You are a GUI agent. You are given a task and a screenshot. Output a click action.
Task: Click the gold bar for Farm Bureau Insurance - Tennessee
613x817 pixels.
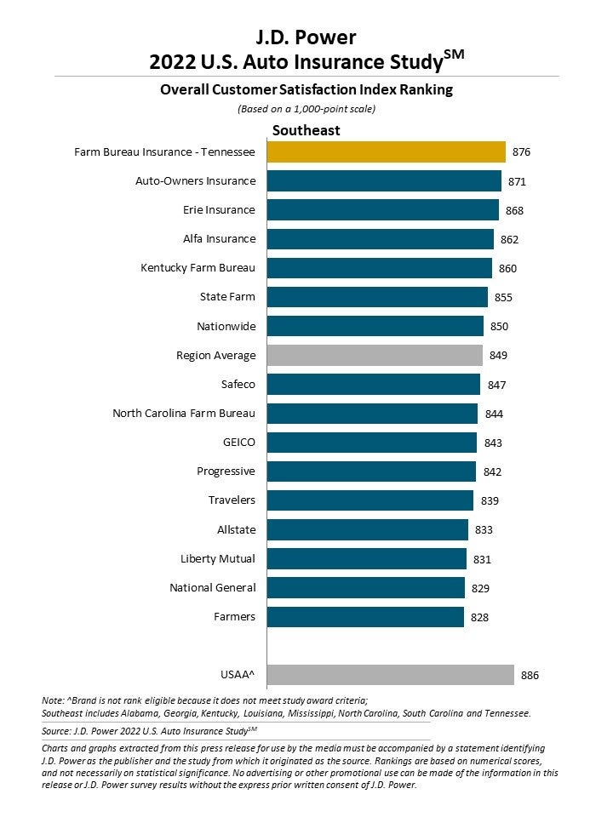click(386, 151)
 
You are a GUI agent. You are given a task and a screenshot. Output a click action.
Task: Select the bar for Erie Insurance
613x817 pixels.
click(382, 210)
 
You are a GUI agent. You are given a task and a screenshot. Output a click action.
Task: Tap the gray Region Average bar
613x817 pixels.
click(375, 355)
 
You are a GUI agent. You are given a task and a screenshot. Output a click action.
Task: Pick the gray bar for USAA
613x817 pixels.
click(390, 675)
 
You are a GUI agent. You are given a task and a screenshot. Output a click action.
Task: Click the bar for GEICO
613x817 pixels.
click(371, 443)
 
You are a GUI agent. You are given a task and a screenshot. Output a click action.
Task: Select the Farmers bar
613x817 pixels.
click(365, 616)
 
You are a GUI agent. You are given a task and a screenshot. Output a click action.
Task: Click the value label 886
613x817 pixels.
click(530, 676)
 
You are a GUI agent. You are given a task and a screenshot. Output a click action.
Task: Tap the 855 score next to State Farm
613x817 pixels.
click(503, 298)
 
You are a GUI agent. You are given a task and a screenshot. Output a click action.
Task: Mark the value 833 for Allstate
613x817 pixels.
click(484, 530)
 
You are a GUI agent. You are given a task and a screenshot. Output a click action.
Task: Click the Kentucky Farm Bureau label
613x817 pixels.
click(198, 268)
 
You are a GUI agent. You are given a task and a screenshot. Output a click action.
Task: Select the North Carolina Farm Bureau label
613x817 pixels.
click(184, 414)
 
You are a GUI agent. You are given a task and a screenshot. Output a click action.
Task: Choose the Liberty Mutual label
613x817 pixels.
click(218, 559)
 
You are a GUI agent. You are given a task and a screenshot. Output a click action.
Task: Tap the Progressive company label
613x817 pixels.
click(226, 471)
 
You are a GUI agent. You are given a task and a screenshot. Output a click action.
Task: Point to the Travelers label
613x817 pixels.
click(232, 500)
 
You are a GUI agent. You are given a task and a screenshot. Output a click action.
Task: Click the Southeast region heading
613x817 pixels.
click(306, 130)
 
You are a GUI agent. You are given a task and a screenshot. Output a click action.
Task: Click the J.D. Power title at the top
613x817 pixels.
click(306, 37)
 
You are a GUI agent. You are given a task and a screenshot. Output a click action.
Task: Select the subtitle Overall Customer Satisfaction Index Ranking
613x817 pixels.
click(306, 89)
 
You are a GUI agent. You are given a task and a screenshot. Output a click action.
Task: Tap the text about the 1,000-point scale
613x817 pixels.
click(306, 109)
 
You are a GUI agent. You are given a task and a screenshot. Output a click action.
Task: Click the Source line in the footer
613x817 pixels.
click(149, 730)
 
